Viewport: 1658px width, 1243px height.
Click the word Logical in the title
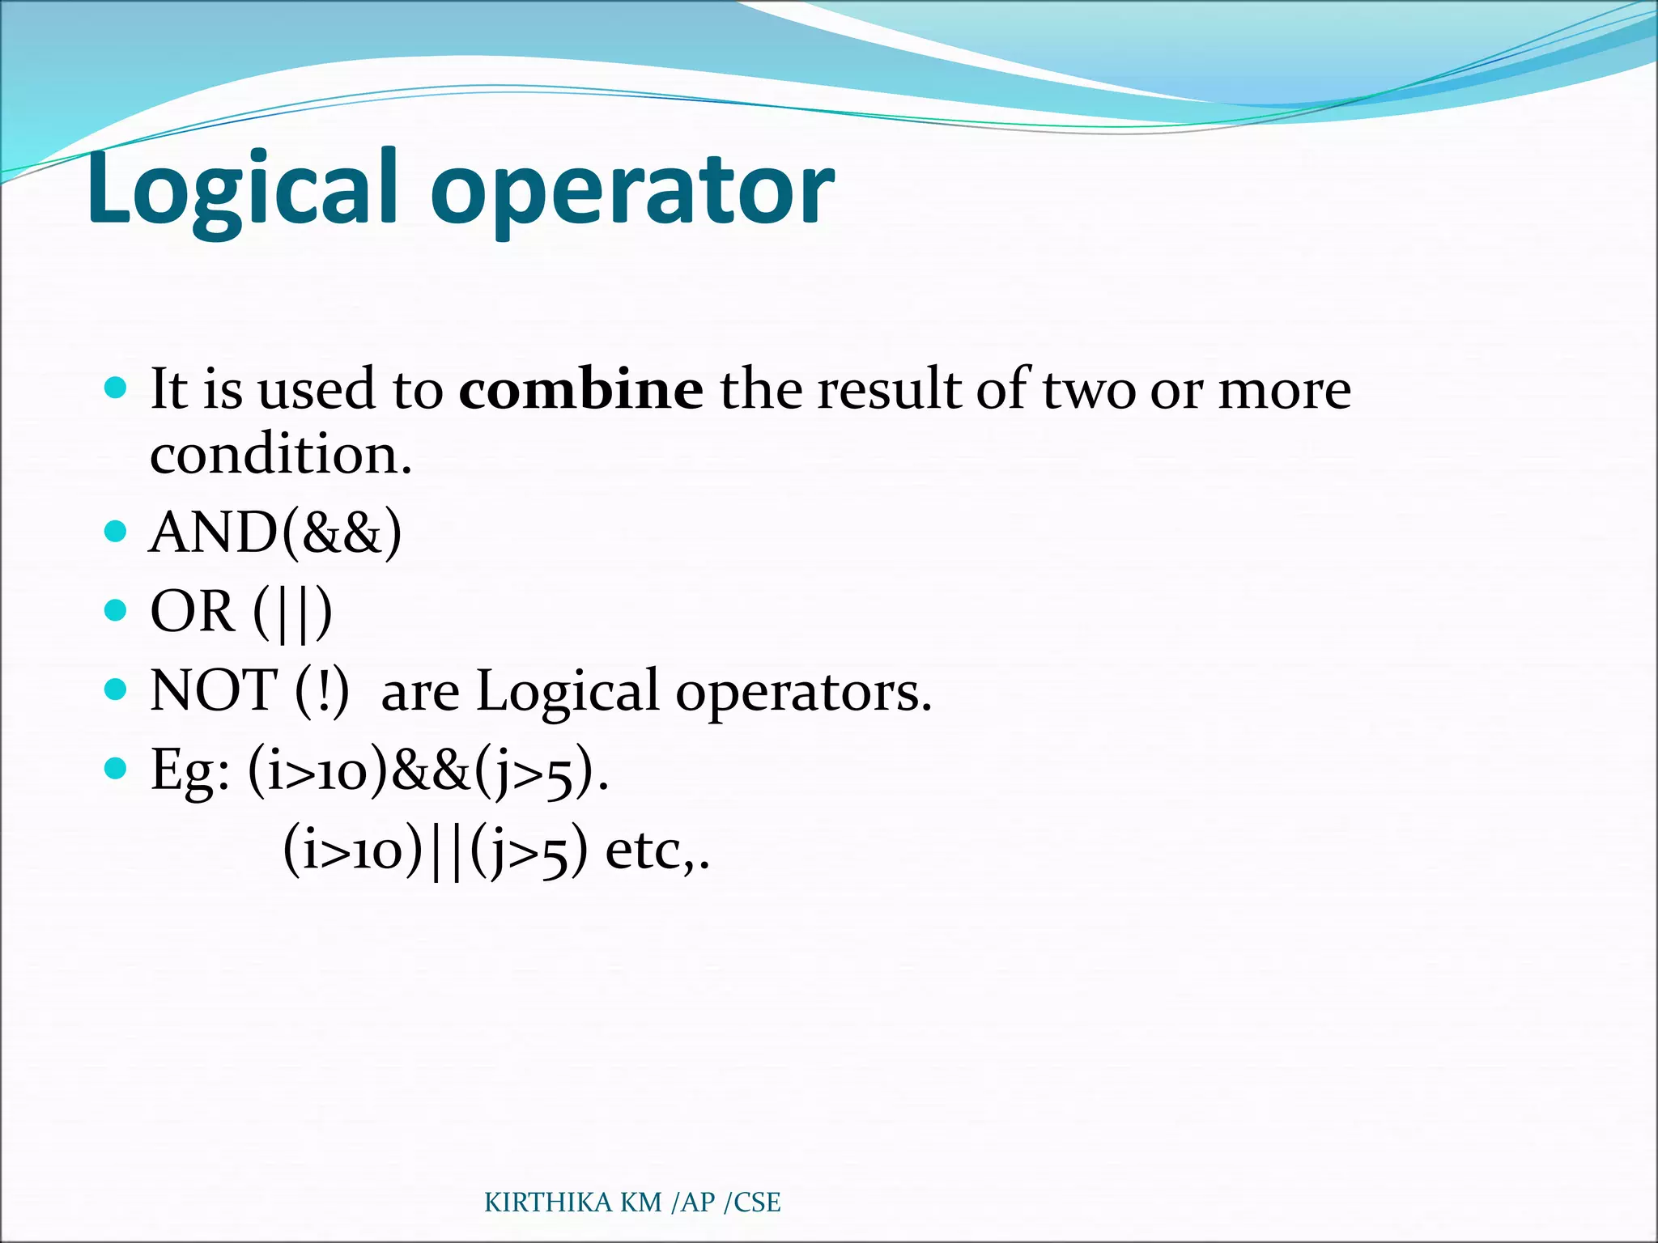243,190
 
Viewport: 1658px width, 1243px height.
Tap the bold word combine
580,389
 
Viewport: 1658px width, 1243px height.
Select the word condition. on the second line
281,454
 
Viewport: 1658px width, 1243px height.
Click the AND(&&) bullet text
275,532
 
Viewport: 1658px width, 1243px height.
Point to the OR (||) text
241,612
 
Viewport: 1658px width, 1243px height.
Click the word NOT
214,690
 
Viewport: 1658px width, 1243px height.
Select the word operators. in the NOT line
804,693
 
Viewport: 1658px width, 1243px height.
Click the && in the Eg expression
431,770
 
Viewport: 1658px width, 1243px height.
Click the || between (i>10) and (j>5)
446,852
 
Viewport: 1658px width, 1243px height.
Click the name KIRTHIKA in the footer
548,1203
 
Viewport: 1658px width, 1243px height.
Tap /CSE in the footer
752,1203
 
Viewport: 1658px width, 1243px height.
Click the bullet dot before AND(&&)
117,532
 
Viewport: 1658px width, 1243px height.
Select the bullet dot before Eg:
117,768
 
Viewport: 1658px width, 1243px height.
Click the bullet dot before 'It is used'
117,388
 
